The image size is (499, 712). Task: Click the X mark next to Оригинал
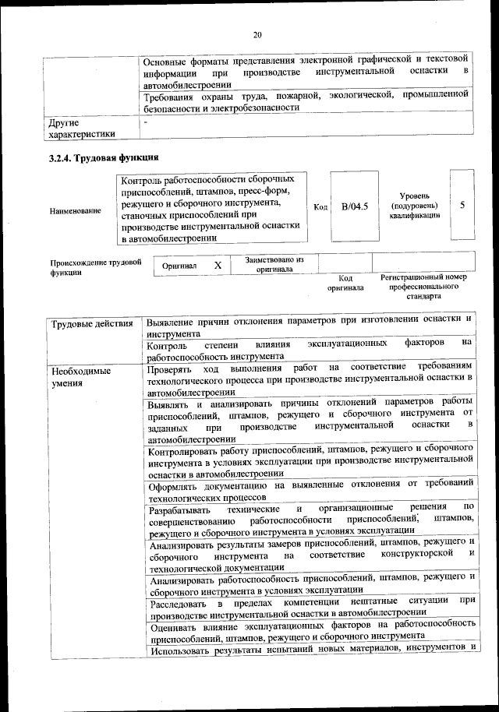click(x=218, y=266)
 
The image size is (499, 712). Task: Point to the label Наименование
click(x=75, y=210)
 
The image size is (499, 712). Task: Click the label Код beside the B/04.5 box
click(x=320, y=206)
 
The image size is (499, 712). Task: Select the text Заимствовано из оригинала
click(x=274, y=265)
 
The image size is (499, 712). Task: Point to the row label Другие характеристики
click(x=81, y=128)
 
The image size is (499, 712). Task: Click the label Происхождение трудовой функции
click(x=95, y=268)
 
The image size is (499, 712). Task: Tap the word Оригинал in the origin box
click(x=179, y=266)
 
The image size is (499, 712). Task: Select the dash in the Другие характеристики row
click(x=145, y=123)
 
